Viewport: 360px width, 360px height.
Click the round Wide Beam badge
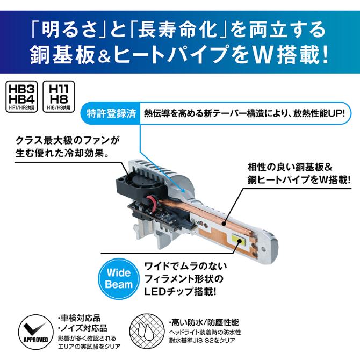[119, 278]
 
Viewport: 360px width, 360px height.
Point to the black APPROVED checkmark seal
[33, 330]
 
